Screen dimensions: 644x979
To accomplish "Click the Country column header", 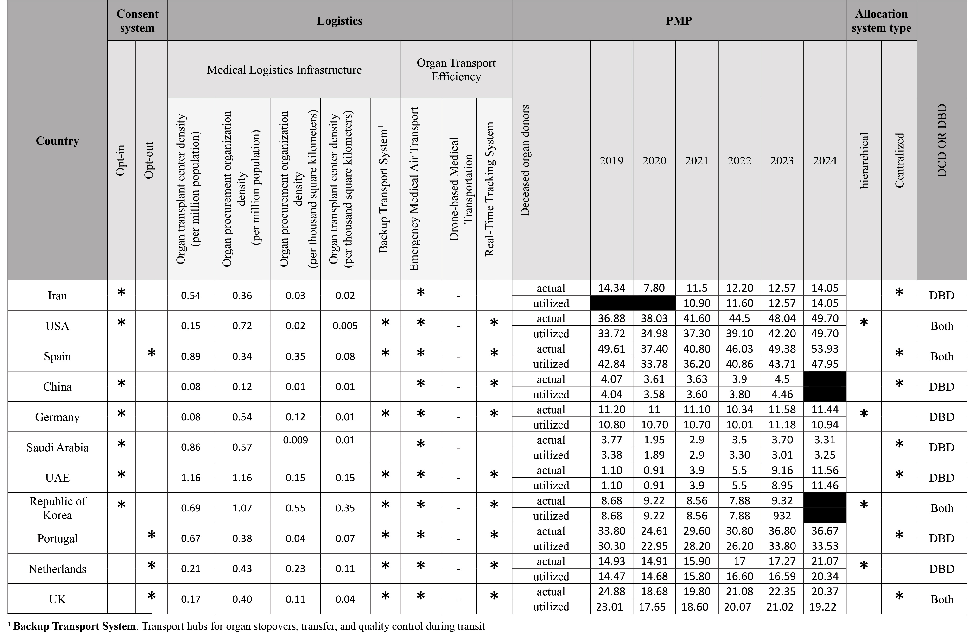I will point(57,141).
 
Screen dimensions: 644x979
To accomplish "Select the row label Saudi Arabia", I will point(57,447).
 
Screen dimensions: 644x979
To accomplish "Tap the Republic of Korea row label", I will point(57,508).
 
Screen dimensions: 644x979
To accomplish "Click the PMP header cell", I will point(679,21).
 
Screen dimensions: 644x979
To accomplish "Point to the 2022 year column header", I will point(739,160).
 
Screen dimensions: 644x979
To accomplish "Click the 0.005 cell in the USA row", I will point(345,326).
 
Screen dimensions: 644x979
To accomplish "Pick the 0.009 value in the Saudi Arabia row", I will point(295,440).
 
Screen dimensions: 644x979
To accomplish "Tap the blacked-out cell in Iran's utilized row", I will point(633,303).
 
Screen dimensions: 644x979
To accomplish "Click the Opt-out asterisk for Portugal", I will point(151,536).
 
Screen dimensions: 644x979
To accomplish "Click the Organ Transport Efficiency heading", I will point(456,69).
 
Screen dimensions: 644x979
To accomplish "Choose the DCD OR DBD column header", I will point(941,141).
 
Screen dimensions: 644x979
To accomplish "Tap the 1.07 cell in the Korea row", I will point(242,508).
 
